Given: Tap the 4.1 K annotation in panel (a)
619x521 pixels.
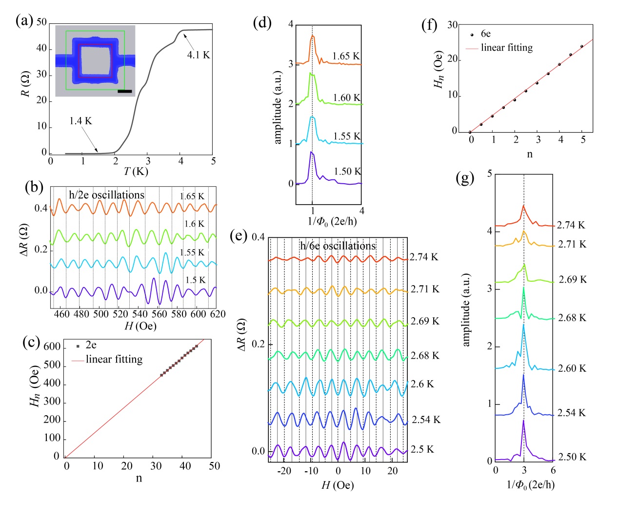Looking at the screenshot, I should click(198, 55).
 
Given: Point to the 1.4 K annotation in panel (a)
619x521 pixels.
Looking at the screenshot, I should click(80, 121).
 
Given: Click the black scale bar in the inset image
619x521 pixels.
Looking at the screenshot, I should click(125, 91).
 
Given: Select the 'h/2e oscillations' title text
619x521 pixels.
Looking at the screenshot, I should click(106, 195).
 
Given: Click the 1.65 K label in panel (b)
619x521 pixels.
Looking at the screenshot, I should click(192, 196).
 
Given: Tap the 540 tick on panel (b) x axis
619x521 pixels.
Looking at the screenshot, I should click(140, 314).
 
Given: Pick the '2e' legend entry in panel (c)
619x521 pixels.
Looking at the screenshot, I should click(91, 345).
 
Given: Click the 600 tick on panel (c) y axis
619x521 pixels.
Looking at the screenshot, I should click(52, 347).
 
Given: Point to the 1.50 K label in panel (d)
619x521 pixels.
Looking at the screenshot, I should click(347, 172).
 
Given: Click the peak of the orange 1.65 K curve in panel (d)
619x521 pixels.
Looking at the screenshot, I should click(312, 36).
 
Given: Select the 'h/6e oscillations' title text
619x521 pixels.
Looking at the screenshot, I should click(338, 246).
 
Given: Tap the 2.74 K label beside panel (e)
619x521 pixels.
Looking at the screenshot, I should click(424, 257).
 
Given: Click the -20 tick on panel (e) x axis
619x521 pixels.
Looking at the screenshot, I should click(284, 471).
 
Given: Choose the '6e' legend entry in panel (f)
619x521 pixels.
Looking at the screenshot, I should click(485, 34).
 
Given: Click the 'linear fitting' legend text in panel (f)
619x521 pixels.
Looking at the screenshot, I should click(506, 48).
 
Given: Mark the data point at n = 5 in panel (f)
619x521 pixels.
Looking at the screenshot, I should click(582, 46).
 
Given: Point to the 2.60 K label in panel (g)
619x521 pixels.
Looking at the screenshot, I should click(572, 368).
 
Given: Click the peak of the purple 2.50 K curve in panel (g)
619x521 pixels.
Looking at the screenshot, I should click(523, 421).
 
